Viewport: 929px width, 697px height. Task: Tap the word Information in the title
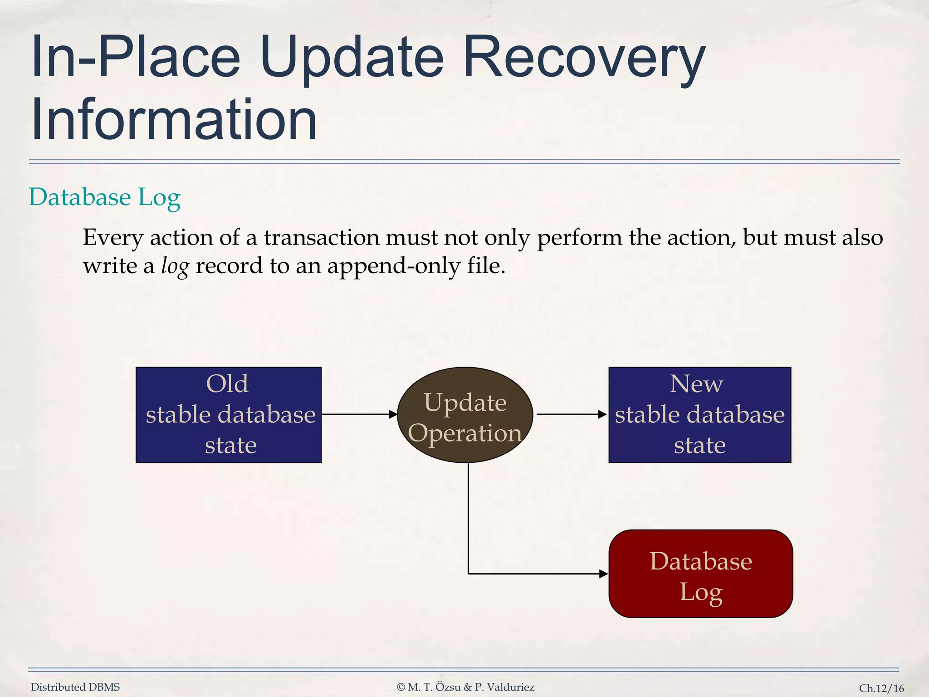[174, 120]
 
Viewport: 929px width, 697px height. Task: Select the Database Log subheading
[105, 197]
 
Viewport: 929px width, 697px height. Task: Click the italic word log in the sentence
[175, 266]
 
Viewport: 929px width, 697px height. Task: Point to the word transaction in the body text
[322, 238]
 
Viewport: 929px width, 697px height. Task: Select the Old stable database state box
[229, 415]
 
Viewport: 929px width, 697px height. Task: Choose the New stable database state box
[699, 415]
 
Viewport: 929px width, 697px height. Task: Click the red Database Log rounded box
[700, 574]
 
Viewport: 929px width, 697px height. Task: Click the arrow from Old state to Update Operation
[358, 414]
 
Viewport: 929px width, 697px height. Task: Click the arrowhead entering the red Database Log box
[603, 574]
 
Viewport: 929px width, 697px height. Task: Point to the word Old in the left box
[227, 384]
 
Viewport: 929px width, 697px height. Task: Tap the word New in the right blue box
[696, 384]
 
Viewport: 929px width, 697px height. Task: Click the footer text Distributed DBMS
[75, 687]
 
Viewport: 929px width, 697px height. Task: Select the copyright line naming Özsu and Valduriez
[465, 687]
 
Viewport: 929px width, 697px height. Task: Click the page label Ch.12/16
[881, 688]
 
